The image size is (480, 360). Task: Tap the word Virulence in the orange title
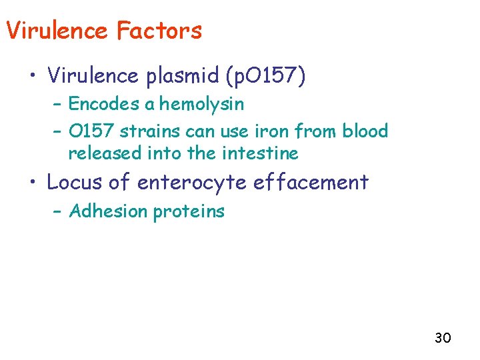56,31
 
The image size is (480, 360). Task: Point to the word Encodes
99,104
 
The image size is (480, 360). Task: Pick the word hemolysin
201,104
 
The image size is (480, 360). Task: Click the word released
102,153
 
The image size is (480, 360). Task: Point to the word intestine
261,153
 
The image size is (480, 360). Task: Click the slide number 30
443,338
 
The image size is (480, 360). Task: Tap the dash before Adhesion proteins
58,212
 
